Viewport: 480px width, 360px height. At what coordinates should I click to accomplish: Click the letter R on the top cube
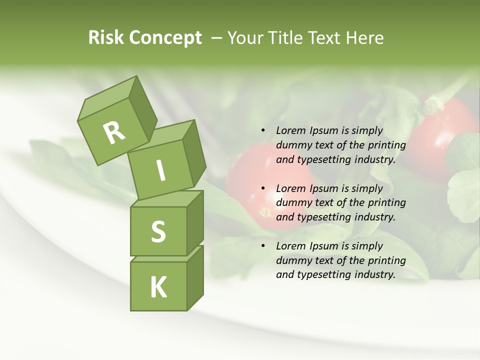pyautogui.click(x=114, y=133)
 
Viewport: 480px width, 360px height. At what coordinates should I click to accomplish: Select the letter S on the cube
pyautogui.click(x=158, y=232)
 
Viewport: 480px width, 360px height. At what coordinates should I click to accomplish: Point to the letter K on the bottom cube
pyautogui.click(x=158, y=287)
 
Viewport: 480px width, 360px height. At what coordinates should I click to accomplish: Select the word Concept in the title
pyautogui.click(x=165, y=38)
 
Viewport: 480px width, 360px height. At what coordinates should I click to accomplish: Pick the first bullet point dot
pyautogui.click(x=263, y=131)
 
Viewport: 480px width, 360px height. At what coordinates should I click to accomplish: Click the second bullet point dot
pyautogui.click(x=263, y=188)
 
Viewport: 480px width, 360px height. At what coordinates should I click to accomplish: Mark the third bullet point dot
pyautogui.click(x=263, y=246)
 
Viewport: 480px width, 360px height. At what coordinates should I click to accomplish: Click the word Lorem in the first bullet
pyautogui.click(x=289, y=130)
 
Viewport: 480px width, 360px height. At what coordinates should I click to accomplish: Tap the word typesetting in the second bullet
pyautogui.click(x=321, y=217)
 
